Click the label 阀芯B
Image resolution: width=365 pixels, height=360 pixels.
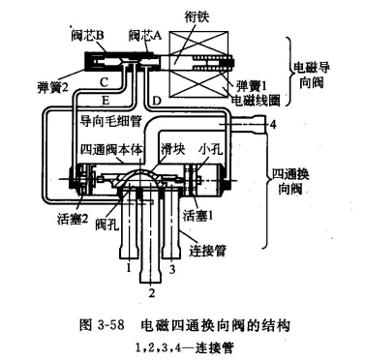(x=87, y=36)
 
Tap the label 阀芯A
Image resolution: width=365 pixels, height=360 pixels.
(x=145, y=36)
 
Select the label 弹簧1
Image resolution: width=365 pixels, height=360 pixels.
(x=252, y=86)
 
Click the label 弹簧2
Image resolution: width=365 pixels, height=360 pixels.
(x=53, y=87)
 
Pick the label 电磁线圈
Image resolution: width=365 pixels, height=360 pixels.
(x=256, y=101)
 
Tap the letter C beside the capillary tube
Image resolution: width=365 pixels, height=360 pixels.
(x=104, y=82)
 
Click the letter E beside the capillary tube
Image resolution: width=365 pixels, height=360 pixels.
(x=106, y=101)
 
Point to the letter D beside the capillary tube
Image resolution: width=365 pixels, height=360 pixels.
(x=156, y=102)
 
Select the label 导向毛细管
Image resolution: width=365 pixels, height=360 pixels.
(x=110, y=121)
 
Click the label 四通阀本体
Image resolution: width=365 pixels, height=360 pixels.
(x=111, y=149)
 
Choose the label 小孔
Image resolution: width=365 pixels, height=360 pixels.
(x=211, y=149)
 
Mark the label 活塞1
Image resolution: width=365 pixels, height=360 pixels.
(x=198, y=216)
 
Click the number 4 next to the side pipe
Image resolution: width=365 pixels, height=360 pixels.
(x=273, y=124)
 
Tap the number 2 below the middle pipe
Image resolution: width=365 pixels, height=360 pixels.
(x=152, y=292)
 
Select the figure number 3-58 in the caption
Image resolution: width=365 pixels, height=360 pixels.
(x=110, y=325)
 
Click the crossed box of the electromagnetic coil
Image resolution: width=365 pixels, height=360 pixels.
(x=198, y=64)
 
